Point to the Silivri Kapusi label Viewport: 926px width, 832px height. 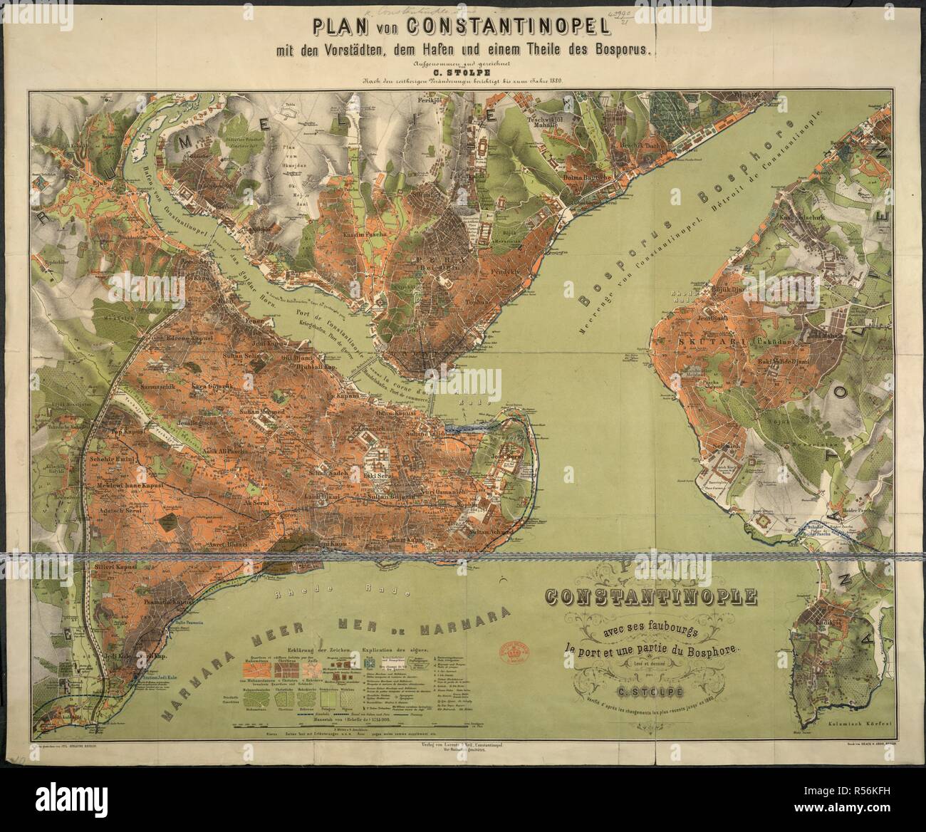[110, 567]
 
